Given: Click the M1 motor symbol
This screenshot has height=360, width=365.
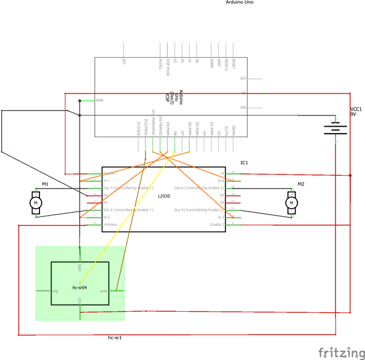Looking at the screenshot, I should coord(35,203).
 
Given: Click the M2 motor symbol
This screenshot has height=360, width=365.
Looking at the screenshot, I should coord(291,203).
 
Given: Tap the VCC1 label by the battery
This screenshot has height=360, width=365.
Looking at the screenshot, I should coord(356,109).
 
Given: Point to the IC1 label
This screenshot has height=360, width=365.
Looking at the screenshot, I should coord(244,162).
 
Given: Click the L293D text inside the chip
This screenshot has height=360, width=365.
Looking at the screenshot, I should coord(164,196).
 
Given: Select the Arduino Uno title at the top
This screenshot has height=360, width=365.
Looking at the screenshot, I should coord(240,2).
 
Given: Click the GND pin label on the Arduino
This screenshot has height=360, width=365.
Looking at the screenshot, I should coord(99,100).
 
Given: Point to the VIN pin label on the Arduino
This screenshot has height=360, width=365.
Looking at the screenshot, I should coord(243,108).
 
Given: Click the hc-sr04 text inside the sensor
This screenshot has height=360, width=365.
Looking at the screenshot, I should coord(79,288).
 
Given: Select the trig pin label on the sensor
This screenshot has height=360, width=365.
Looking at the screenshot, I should coord(55,291).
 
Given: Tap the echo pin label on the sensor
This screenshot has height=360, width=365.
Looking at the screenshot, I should coord(104,291).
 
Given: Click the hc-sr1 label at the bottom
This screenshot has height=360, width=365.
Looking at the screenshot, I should coord(116,338).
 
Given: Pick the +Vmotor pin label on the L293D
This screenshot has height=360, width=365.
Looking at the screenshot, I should coord(110,224).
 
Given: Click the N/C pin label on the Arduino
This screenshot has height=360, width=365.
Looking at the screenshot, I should coord(124,61).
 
